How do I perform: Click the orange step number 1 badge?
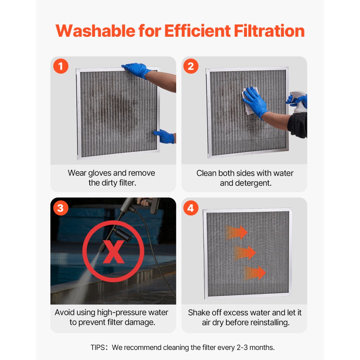pyautogui.click(x=61, y=66)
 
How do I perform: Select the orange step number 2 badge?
pyautogui.click(x=191, y=66)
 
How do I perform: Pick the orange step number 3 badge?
pyautogui.click(x=61, y=208)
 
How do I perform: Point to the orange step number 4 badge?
pyautogui.click(x=191, y=208)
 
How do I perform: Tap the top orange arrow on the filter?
pyautogui.click(x=237, y=232)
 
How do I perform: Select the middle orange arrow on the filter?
pyautogui.click(x=245, y=252)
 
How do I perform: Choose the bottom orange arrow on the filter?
pyautogui.click(x=255, y=273)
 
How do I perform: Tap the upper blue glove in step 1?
pyautogui.click(x=136, y=69)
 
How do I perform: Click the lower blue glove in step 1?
pyautogui.click(x=164, y=136)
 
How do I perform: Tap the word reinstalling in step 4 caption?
pyautogui.click(x=268, y=322)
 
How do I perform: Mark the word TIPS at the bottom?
pyautogui.click(x=98, y=348)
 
